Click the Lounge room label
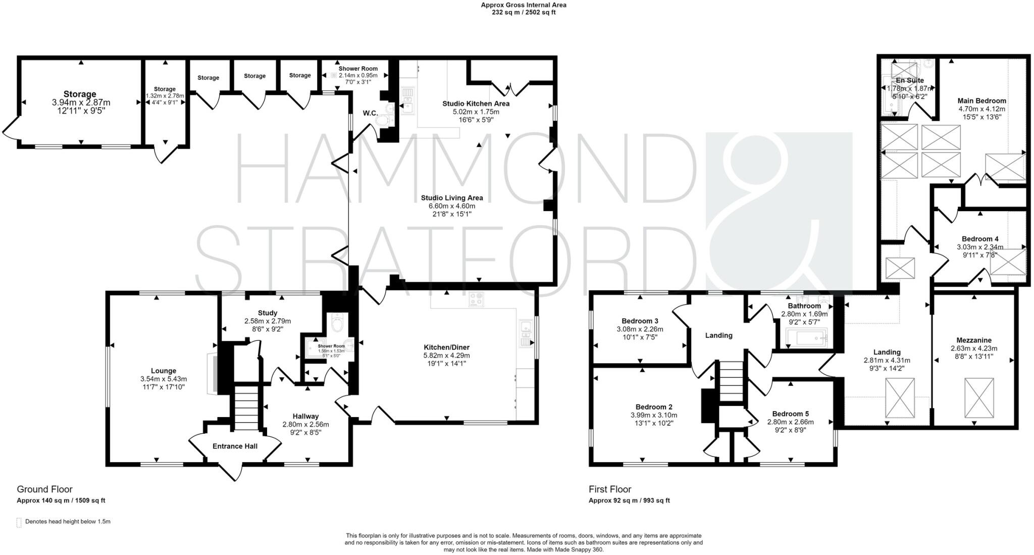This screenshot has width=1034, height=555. coord(163,371)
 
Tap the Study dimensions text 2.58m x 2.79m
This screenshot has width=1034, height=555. coord(267,321)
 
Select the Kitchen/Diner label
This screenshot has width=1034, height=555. coord(446,347)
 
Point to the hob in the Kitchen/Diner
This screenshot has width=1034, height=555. coord(476,299)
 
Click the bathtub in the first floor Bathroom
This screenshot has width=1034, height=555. coord(807,337)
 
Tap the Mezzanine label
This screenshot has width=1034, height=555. coord(974,340)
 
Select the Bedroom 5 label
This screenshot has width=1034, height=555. coord(790,414)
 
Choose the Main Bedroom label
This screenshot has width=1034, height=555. coord(982,100)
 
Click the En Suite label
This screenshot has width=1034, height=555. coord(910,80)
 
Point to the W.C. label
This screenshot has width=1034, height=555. coord(370,113)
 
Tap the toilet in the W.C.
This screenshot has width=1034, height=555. coord(385,120)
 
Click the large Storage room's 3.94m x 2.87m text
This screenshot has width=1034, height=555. coord(81,103)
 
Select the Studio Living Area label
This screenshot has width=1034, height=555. coord(452,198)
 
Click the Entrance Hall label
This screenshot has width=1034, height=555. coord(235,446)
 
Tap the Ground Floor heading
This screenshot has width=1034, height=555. coord(45,489)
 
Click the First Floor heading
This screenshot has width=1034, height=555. coord(610,489)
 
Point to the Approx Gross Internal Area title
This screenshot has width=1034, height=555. coord(524,5)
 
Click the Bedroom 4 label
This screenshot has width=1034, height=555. coord(980,239)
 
